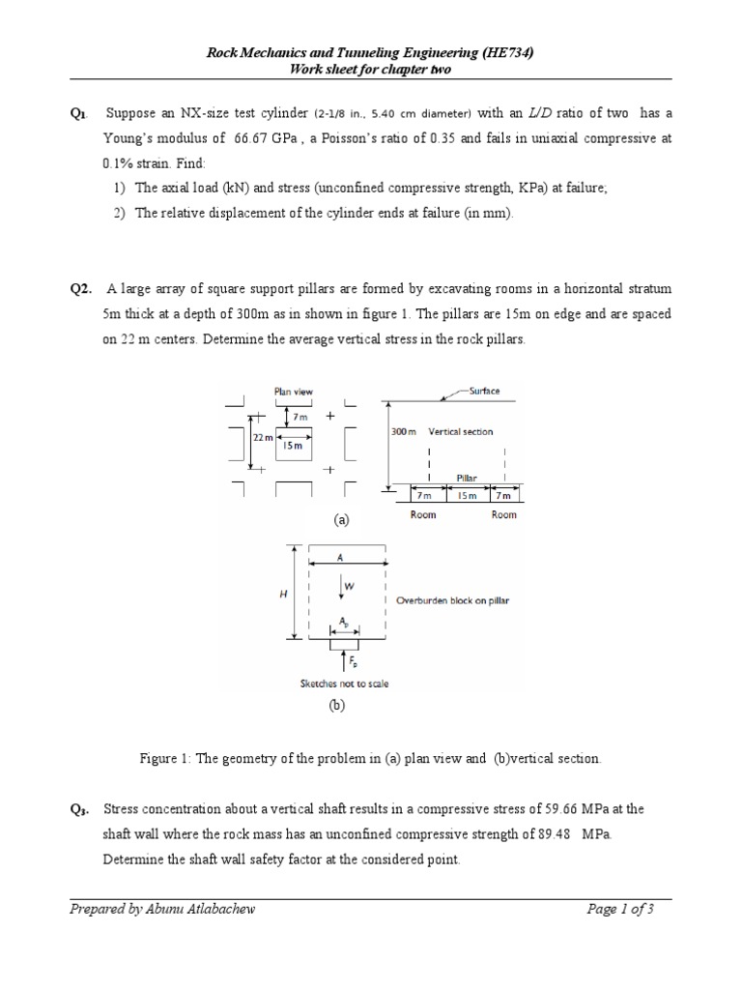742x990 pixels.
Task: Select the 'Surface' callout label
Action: [484, 392]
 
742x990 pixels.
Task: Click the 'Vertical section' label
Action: [461, 431]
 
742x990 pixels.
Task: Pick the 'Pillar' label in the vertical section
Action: [468, 478]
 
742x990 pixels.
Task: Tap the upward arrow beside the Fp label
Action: [345, 660]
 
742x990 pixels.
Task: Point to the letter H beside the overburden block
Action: [282, 594]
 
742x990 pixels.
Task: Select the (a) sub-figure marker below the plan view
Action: [340, 520]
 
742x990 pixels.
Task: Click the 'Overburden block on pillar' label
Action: [453, 600]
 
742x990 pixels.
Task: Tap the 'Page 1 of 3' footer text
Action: [621, 909]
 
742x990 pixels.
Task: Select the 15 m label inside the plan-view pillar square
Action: [291, 447]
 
